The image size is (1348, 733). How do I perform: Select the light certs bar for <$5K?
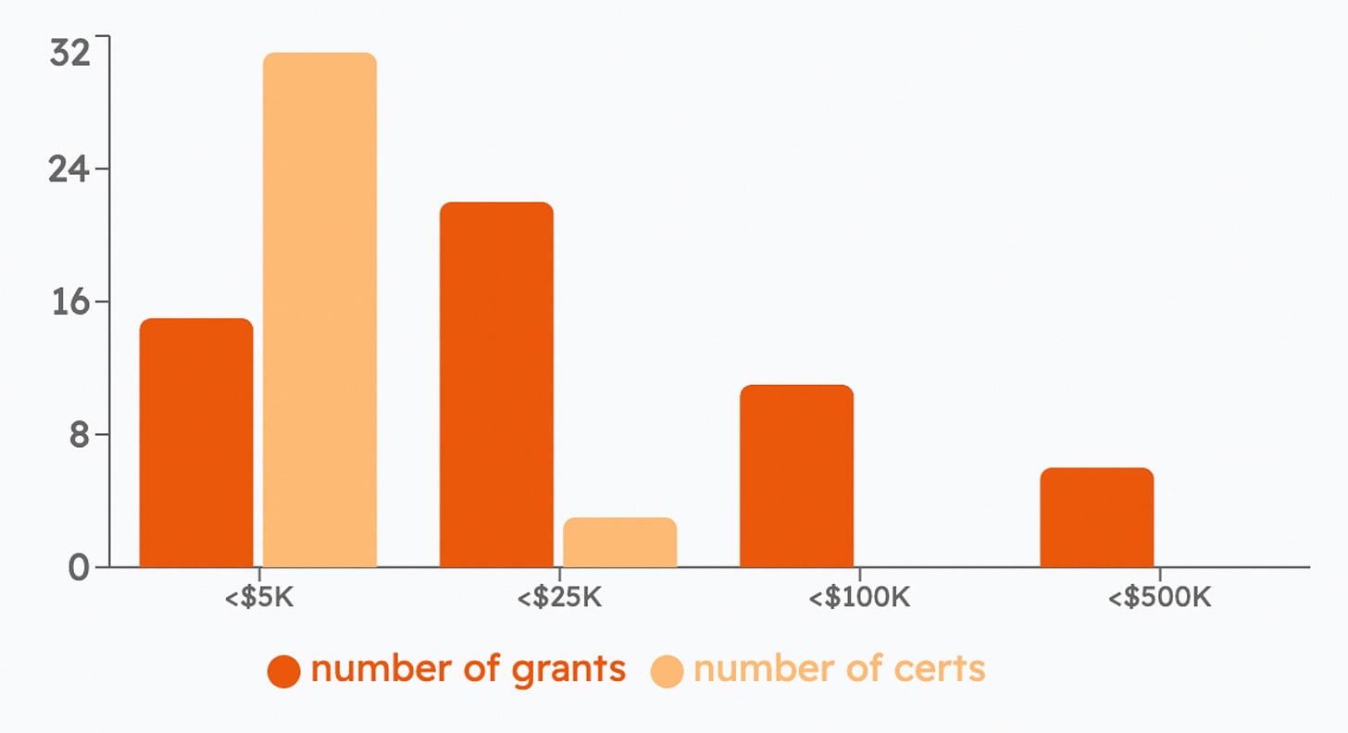[x=319, y=310]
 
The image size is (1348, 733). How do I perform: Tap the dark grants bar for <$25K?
[x=496, y=384]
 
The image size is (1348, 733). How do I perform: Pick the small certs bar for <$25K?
[x=619, y=542]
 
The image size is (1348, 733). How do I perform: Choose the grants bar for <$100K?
[x=796, y=476]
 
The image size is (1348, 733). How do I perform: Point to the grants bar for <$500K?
[x=1096, y=517]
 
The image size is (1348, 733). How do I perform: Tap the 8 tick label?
[x=79, y=435]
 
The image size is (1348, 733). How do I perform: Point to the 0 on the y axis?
[x=79, y=567]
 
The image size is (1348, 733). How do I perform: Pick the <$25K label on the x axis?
[x=559, y=597]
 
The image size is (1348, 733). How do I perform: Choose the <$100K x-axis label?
[x=859, y=597]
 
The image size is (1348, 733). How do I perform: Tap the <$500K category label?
[x=1159, y=597]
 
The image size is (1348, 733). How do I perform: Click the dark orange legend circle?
[x=284, y=671]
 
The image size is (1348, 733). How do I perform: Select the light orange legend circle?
[x=667, y=671]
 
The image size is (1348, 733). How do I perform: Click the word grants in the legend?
[x=560, y=669]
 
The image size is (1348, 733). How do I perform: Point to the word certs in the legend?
[x=938, y=669]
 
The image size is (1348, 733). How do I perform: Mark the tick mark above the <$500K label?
[x=1159, y=573]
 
